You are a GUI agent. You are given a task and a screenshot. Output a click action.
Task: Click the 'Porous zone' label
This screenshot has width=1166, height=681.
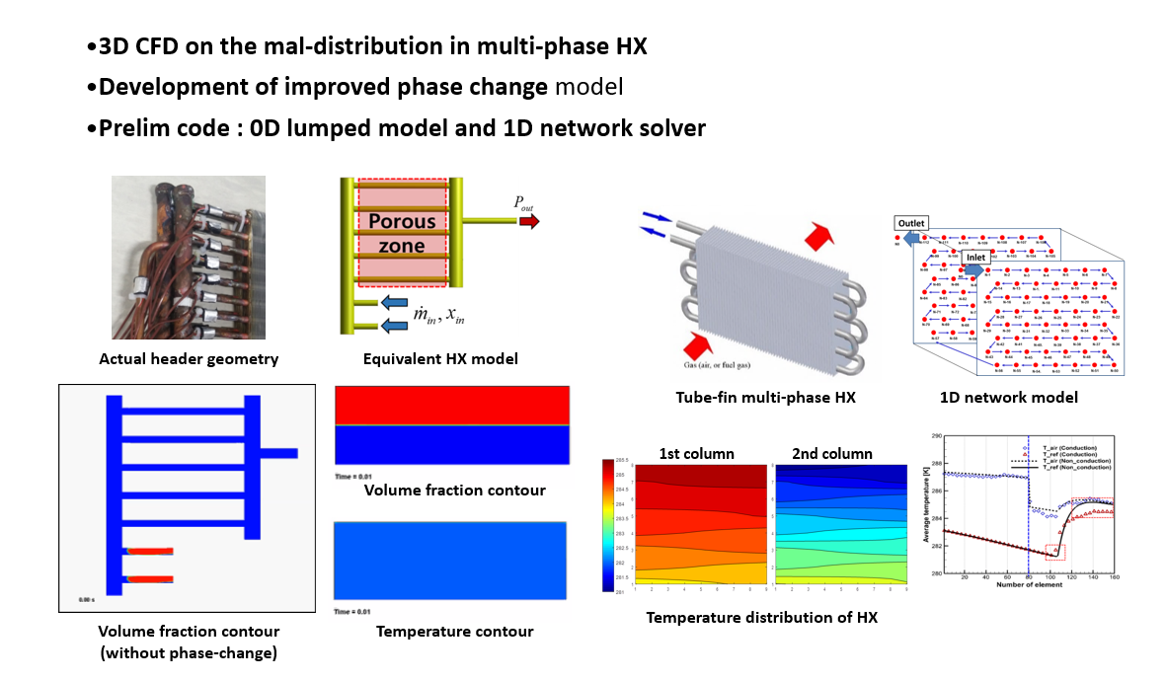click(x=402, y=232)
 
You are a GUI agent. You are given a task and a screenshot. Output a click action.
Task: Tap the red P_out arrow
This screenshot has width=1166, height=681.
click(x=529, y=222)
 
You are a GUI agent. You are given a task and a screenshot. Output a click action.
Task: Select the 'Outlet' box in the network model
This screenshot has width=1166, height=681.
click(x=910, y=224)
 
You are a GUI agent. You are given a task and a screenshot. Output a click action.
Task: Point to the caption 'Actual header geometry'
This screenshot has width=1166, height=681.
click(x=189, y=359)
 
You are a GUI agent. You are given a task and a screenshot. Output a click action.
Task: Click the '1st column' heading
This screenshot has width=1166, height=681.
click(x=697, y=454)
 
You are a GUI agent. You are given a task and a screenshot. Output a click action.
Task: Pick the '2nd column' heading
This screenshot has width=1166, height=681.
click(x=832, y=454)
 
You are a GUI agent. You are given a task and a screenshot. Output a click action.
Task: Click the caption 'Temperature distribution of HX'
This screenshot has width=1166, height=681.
click(x=761, y=618)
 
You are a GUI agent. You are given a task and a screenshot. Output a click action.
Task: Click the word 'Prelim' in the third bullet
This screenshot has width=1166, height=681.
click(x=133, y=127)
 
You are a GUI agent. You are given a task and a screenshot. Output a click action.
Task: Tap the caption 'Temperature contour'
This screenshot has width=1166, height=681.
click(x=454, y=632)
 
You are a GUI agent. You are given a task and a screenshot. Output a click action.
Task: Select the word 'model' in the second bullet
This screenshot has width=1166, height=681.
click(x=588, y=87)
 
